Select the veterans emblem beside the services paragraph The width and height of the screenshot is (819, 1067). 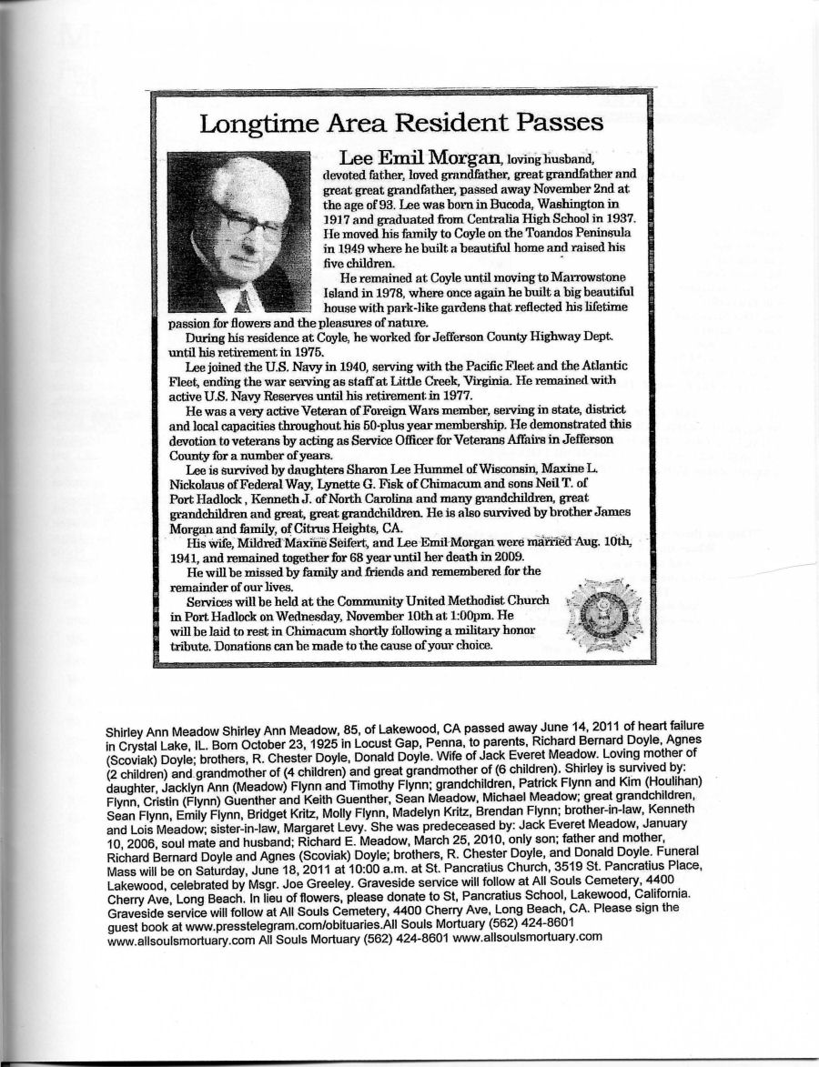(603, 609)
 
